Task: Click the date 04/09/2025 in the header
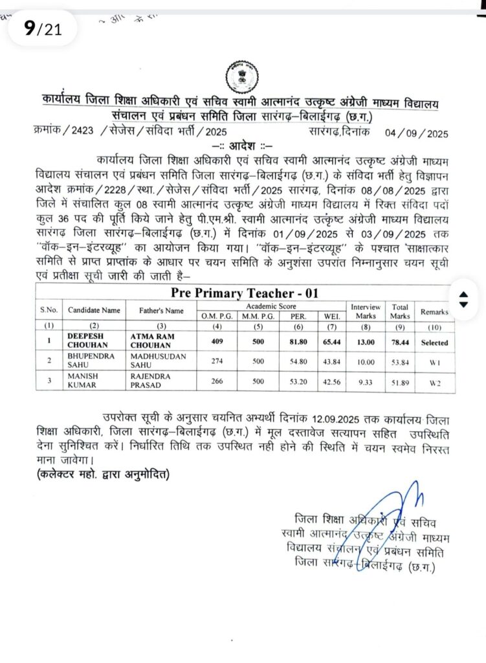(x=416, y=134)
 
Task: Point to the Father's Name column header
(x=162, y=311)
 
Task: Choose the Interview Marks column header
(x=365, y=311)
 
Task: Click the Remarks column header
(x=434, y=311)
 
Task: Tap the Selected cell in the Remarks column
(x=434, y=342)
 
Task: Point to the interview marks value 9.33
(x=365, y=383)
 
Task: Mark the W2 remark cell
(x=434, y=383)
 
